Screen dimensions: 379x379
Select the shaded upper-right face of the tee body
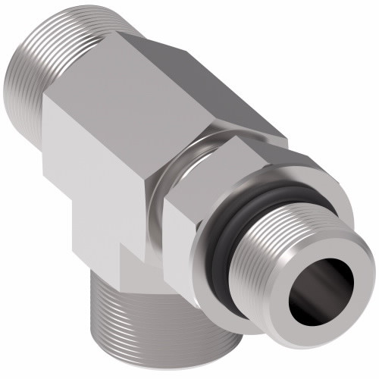227,99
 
